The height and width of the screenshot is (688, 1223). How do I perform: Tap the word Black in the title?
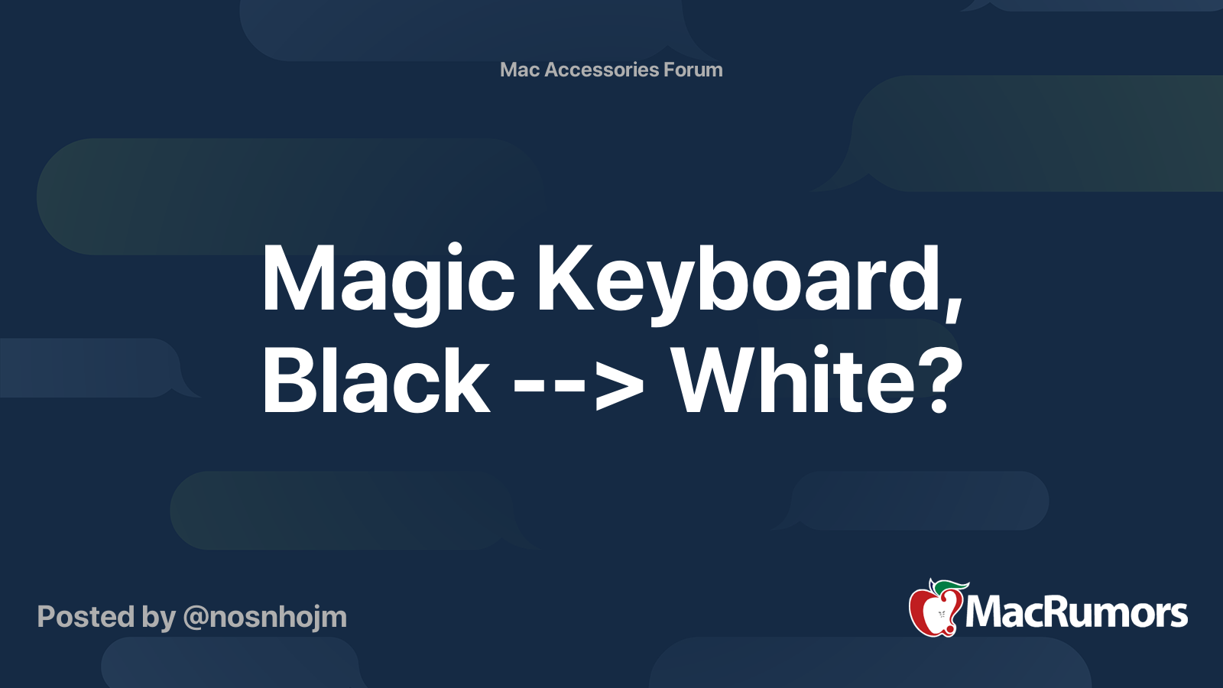coord(375,380)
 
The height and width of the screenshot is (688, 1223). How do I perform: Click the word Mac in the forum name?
coord(520,70)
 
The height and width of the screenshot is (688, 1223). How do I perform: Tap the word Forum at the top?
coord(693,70)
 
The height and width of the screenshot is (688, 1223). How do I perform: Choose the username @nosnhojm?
coord(264,617)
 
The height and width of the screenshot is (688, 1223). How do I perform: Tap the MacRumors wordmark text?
coord(1076,613)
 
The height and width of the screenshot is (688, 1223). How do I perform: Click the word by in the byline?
coord(159,618)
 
